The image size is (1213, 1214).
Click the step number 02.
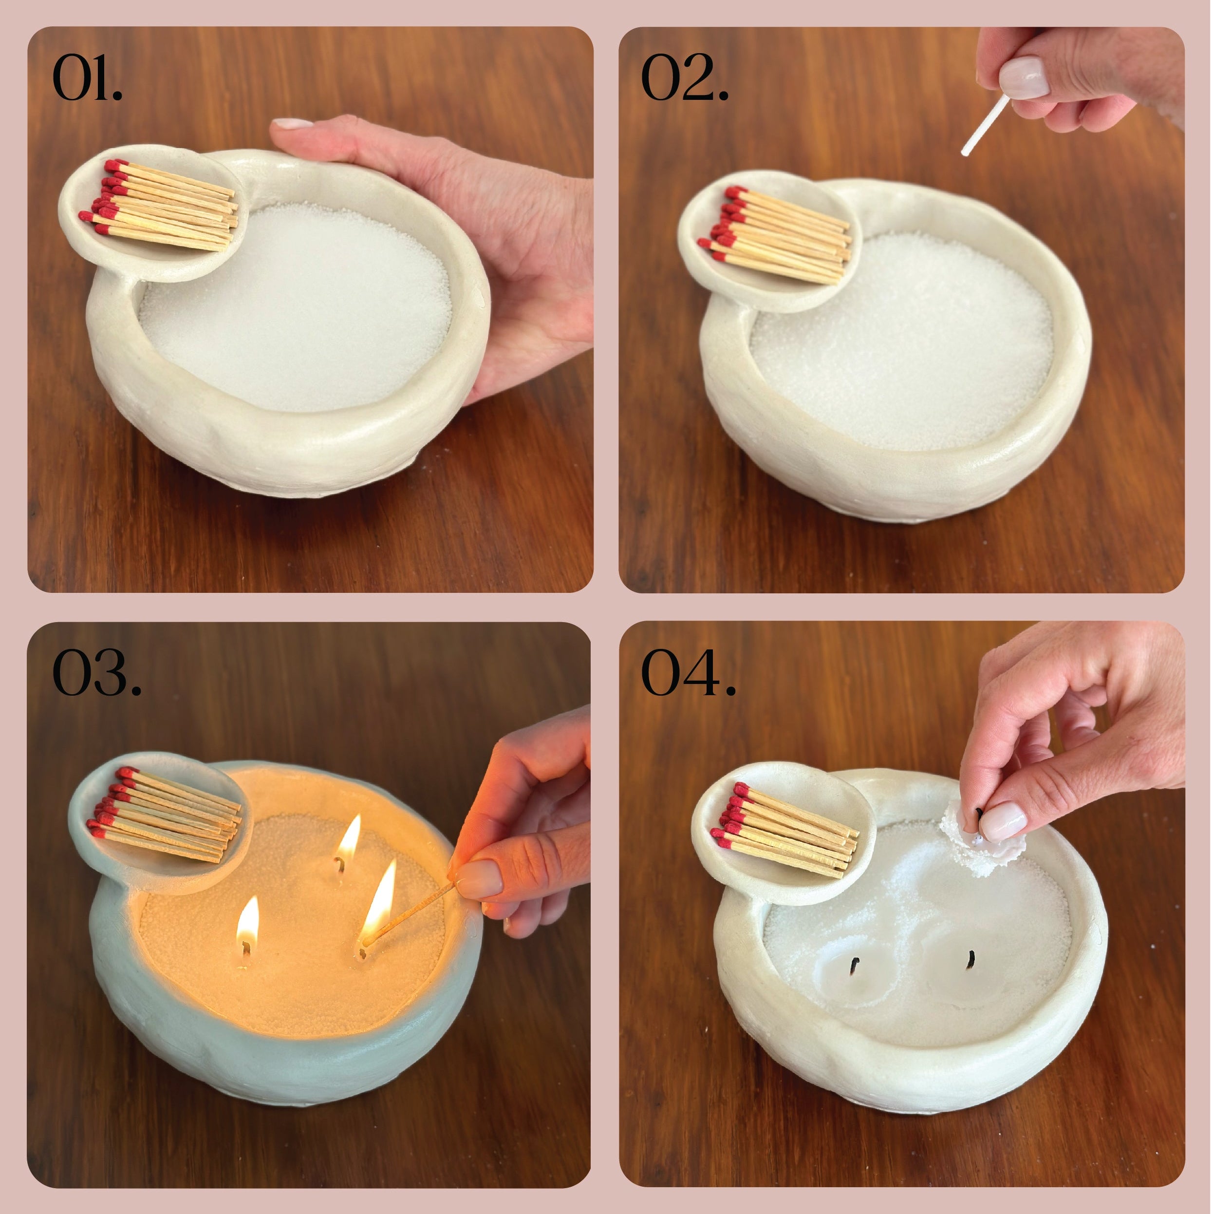685,78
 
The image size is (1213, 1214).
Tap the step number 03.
97,672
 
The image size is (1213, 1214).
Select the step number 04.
688,672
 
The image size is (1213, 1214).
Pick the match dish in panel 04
785,832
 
